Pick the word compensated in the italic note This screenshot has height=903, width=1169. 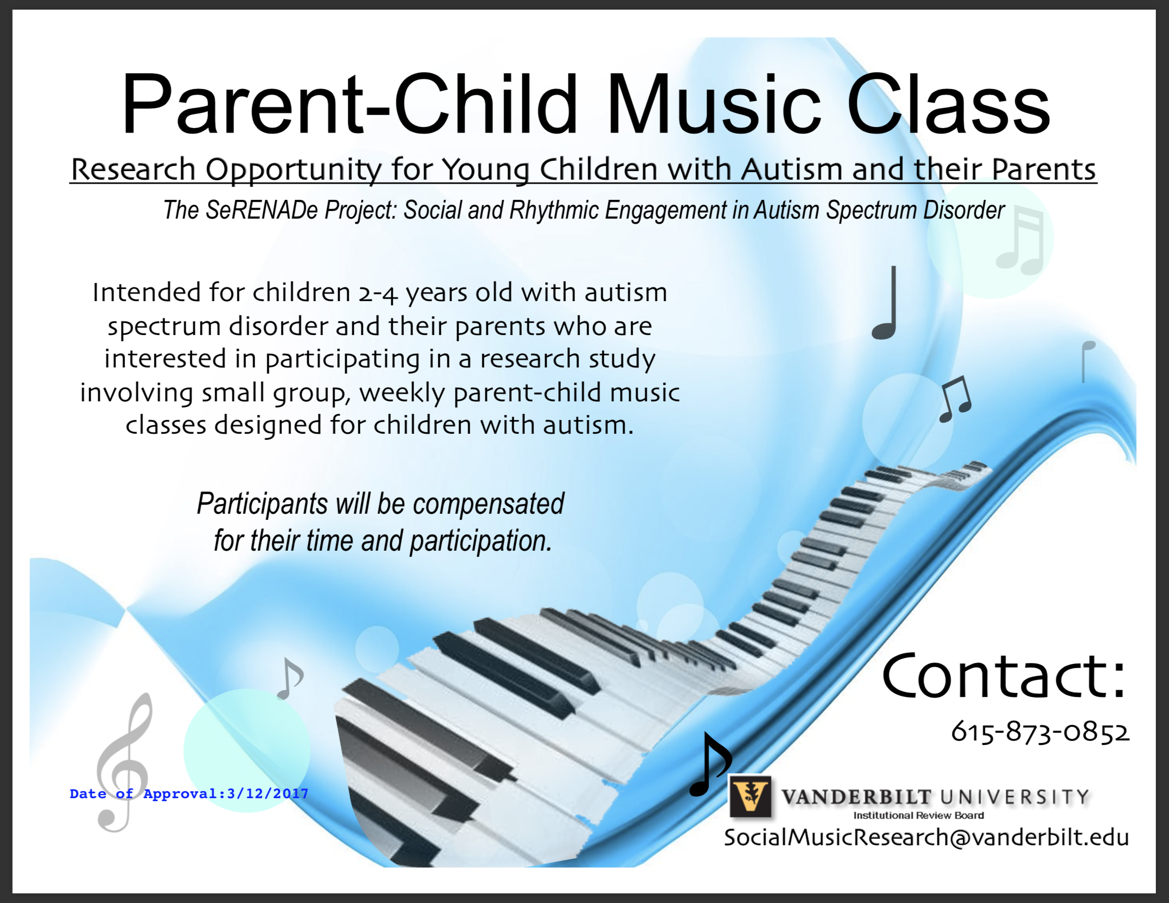coord(488,504)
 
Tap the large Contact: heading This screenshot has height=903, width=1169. coord(1004,676)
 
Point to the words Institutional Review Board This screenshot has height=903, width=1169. coord(919,815)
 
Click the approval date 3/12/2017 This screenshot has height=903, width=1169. coord(268,793)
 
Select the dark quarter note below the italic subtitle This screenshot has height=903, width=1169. coord(885,302)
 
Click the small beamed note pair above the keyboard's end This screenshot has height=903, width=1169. coord(956,399)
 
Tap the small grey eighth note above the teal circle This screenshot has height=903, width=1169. coord(290,678)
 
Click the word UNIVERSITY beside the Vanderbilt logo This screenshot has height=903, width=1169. coord(1014,797)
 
